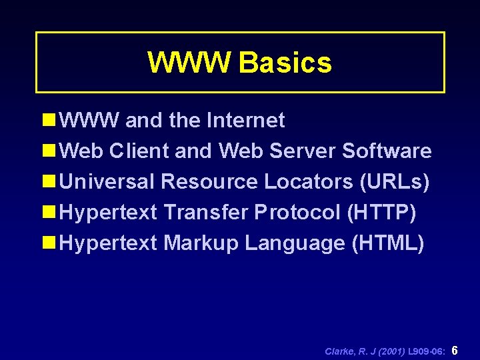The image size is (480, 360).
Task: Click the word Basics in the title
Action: (285, 63)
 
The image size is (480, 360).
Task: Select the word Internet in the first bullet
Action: (246, 121)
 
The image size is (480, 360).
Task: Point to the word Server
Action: (303, 151)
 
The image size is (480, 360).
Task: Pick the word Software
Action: (387, 151)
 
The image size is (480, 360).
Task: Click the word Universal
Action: (107, 182)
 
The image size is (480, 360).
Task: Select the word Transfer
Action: (206, 213)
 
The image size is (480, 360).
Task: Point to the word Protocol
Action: (297, 213)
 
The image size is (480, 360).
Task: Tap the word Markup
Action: (201, 243)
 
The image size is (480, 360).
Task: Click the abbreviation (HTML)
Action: (387, 243)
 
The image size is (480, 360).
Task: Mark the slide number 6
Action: (455, 350)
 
